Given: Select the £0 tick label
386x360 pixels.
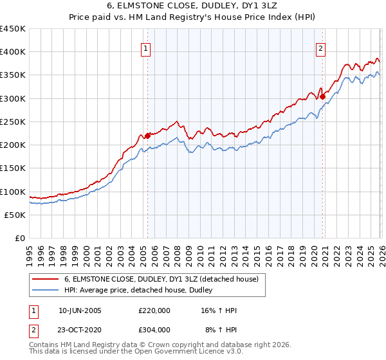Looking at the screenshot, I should click(19, 238).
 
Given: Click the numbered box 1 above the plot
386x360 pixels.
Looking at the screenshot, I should click(147, 48).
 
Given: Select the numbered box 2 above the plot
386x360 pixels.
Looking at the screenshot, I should click(321, 48).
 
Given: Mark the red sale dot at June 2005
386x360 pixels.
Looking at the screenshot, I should click(147, 136).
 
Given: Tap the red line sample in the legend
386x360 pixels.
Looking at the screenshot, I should click(46, 279).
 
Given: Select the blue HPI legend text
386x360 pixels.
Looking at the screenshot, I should click(142, 291).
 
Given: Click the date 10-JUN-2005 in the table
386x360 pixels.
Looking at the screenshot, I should click(80, 310).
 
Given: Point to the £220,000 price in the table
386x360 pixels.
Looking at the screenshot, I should click(154, 310).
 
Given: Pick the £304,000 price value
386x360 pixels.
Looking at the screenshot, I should click(154, 330).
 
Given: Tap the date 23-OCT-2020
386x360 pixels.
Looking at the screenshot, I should click(80, 330).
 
